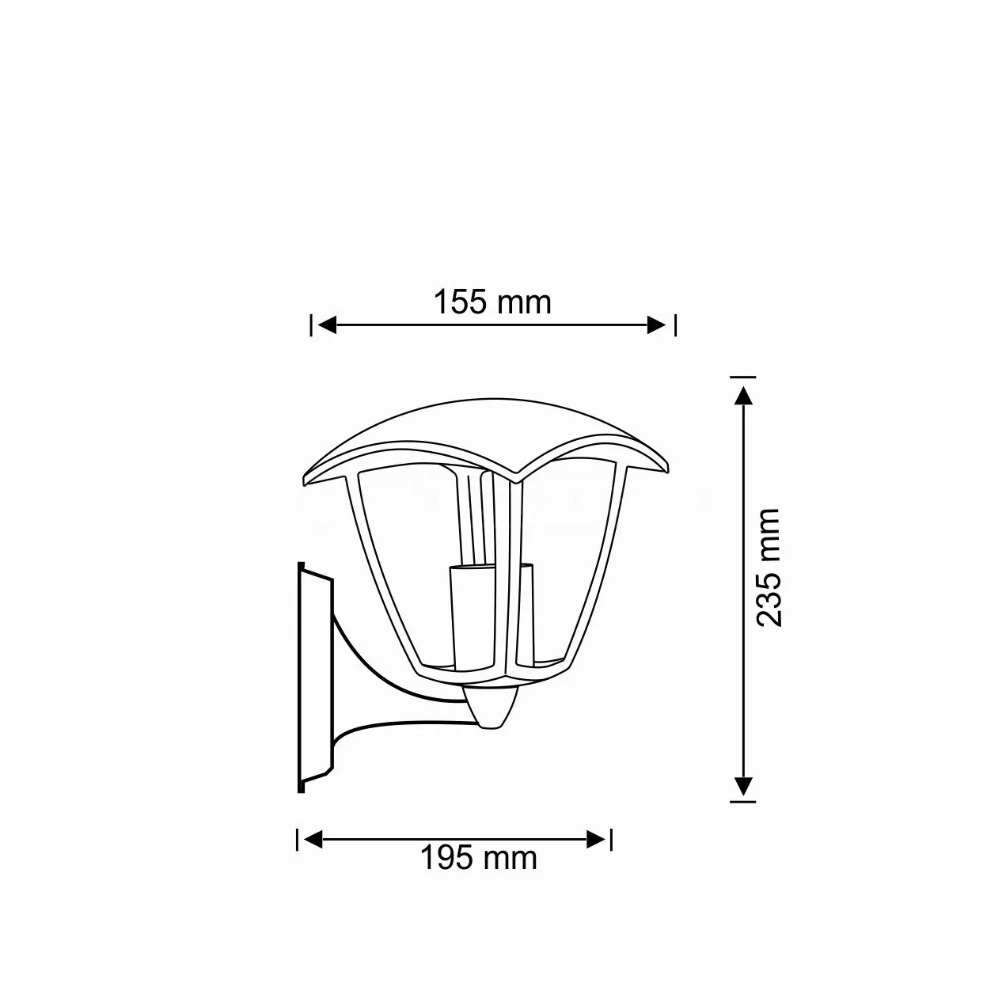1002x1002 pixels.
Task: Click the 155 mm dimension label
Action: point(492,302)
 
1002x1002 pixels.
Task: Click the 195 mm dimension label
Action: point(478,857)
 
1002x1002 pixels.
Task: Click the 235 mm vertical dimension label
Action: point(767,568)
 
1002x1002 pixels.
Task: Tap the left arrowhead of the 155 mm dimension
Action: point(327,325)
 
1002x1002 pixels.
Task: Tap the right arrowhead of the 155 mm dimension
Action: point(657,325)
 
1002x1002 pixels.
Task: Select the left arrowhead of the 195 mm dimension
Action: point(313,838)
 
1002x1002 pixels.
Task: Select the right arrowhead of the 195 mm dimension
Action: point(597,838)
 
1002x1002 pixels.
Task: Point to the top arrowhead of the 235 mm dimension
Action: point(742,396)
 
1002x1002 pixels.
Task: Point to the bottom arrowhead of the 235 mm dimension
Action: point(742,785)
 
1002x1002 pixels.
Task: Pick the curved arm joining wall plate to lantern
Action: point(372,696)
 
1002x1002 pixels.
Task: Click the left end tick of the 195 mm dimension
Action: point(298,839)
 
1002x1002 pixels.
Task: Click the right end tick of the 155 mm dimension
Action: point(674,325)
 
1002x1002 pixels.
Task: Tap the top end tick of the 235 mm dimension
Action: point(742,377)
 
